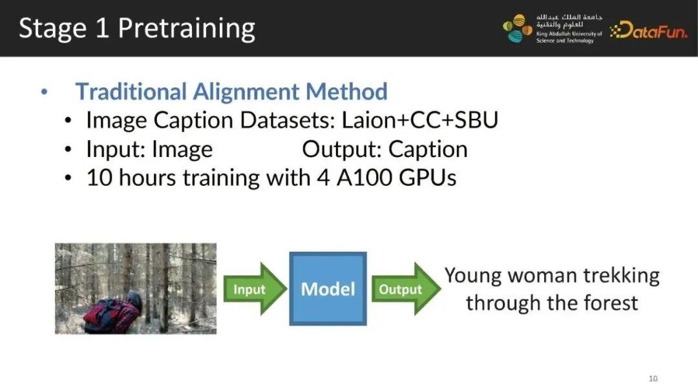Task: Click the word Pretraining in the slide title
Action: point(187,29)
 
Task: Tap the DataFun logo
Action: point(649,30)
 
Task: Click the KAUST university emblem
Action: point(517,28)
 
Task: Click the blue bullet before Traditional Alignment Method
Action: point(44,92)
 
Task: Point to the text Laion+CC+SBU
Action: point(419,120)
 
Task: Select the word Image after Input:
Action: point(182,150)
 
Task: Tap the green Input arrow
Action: point(255,289)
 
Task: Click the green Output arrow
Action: point(405,289)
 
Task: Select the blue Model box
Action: point(328,289)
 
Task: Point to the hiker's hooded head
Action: point(134,301)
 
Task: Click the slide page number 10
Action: point(653,378)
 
